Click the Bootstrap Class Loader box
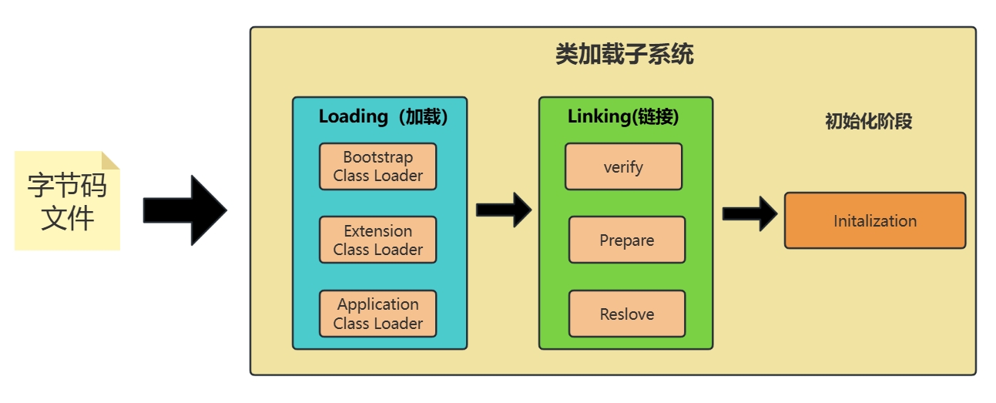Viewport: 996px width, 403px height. pos(377,166)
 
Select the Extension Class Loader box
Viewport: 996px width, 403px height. pos(377,240)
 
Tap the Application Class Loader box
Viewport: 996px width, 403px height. pos(377,314)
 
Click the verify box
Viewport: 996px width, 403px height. pos(623,166)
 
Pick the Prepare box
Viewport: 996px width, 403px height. pos(627,240)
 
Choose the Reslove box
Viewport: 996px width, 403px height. pos(627,314)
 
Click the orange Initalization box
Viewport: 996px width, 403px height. pos(874,220)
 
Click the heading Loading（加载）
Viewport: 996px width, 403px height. pos(383,116)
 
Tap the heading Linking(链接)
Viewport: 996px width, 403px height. pos(623,116)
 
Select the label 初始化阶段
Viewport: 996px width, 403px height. pos(868,121)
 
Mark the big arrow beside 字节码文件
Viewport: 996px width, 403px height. pos(185,210)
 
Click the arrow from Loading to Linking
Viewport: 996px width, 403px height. pos(504,210)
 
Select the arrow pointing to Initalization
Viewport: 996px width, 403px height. pos(750,213)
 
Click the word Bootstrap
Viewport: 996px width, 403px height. pos(377,157)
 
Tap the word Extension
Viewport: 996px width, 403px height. pos(377,231)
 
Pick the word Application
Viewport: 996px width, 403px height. pos(377,304)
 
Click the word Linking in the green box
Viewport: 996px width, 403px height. pos(599,116)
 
